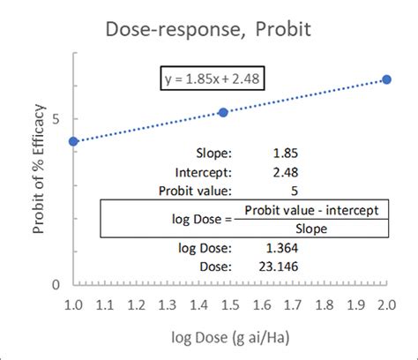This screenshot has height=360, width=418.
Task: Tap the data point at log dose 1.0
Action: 73,141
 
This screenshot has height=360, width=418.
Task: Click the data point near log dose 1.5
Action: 223,112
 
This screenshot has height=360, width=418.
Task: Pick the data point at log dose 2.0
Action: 386,79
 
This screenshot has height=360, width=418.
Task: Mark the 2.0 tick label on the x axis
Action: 385,305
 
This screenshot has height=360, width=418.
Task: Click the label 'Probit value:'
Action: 195,190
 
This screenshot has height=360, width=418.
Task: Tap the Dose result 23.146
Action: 280,266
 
